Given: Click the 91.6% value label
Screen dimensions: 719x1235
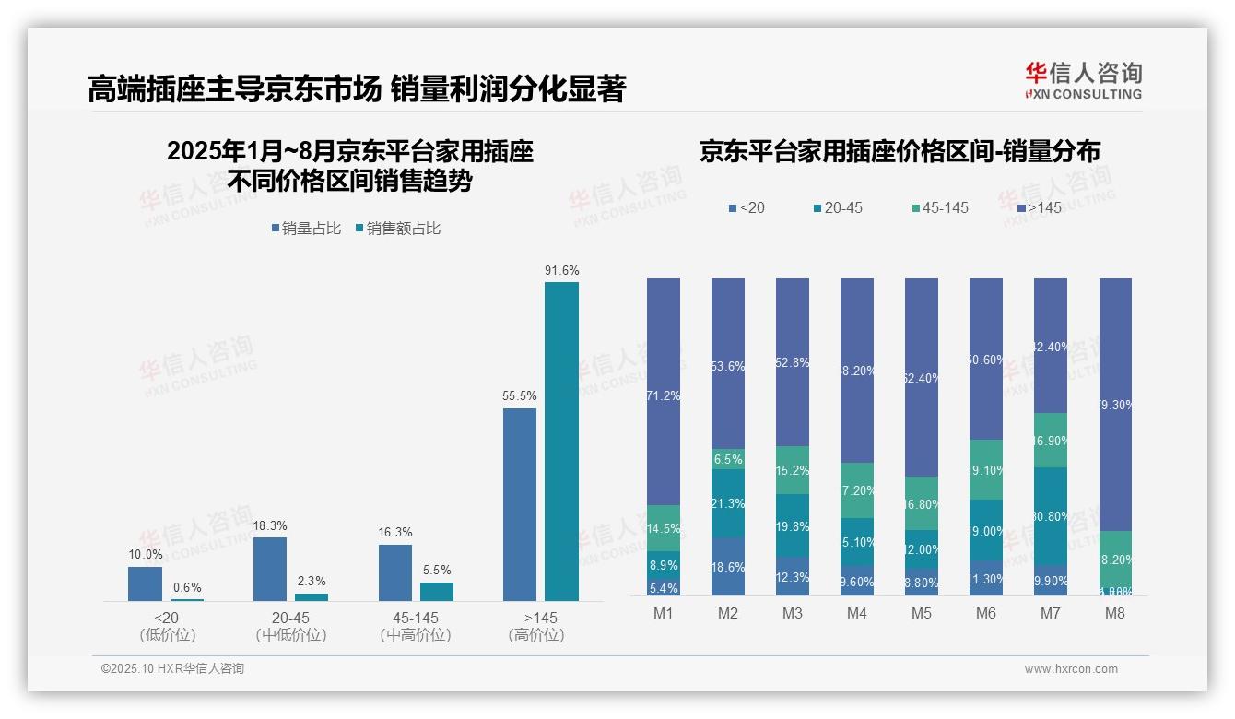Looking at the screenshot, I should [x=561, y=270].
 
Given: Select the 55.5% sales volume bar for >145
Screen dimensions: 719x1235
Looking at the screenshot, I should [x=519, y=504].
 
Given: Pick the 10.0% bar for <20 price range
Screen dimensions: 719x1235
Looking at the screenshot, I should [x=145, y=583].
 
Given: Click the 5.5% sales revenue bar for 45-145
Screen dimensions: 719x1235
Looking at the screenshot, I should [x=437, y=591].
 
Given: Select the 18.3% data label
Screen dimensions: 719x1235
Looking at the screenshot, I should [x=269, y=525].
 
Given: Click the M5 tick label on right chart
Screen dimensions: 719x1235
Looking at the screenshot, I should [x=921, y=614].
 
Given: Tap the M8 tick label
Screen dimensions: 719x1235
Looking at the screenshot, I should [x=1114, y=614].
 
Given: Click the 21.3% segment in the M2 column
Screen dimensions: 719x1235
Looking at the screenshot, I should [x=728, y=503].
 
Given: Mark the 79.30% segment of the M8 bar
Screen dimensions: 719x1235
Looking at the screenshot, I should [x=1115, y=405].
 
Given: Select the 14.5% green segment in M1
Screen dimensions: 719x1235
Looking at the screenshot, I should [x=664, y=528].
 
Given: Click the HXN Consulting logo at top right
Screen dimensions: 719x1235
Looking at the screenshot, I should [x=1083, y=81].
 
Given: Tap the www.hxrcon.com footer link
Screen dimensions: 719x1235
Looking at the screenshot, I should [x=1070, y=669].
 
